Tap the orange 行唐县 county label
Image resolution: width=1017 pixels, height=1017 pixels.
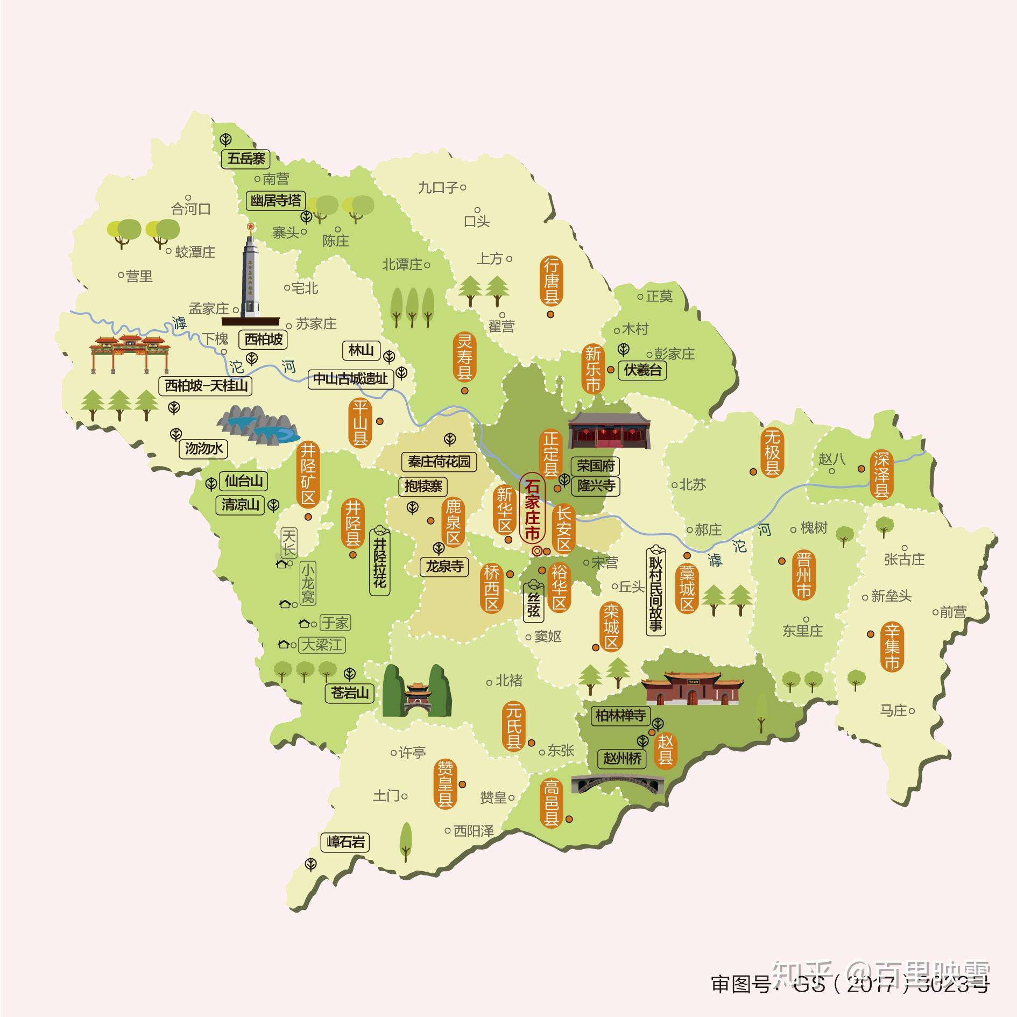[550, 281]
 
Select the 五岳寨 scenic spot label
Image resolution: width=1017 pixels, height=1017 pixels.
[245, 159]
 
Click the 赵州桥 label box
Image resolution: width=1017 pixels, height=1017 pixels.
[623, 759]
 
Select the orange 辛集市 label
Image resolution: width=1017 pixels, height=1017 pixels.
[892, 646]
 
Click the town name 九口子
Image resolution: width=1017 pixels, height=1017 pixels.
[438, 187]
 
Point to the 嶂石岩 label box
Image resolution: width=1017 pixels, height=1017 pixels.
[345, 842]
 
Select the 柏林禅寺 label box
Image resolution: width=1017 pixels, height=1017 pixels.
[620, 716]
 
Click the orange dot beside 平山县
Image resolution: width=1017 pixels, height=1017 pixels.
[380, 421]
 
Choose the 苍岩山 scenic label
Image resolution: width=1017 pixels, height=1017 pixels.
[350, 693]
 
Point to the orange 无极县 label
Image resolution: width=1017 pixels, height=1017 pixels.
[772, 453]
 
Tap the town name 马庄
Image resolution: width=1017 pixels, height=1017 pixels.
[893, 711]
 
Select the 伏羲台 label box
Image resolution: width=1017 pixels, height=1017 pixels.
[642, 370]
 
